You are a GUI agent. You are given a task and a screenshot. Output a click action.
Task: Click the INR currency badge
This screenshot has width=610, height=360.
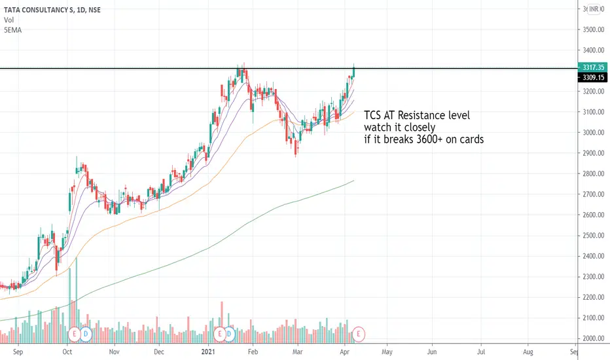click(594, 9)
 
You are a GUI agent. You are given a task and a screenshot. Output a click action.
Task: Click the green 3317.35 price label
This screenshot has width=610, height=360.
click(592, 67)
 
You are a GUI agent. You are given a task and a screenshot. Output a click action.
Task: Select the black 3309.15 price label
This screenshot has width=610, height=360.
click(592, 77)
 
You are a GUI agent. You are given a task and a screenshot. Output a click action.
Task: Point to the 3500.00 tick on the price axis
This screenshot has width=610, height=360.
click(592, 29)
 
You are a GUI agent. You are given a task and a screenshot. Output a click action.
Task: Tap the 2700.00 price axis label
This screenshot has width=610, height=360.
click(592, 194)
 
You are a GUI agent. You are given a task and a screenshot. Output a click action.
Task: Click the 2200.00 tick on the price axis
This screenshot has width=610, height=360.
click(592, 297)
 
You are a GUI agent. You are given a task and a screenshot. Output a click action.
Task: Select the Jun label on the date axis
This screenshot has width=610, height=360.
click(433, 351)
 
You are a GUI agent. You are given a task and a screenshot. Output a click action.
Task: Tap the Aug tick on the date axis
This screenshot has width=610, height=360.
click(528, 351)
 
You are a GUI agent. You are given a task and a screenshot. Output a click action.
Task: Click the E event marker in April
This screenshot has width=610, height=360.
click(359, 334)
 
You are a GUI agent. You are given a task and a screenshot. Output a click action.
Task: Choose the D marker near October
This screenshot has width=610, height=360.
click(88, 334)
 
